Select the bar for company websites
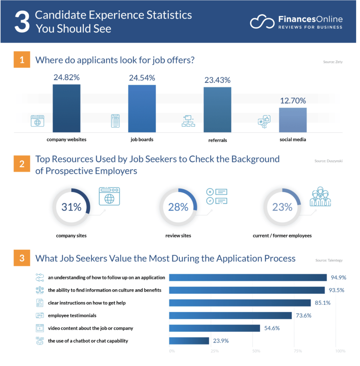point(66,108)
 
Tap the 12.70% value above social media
point(292,101)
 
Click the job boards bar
point(142,109)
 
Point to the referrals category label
point(217,140)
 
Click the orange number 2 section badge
point(22,164)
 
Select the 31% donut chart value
point(71,207)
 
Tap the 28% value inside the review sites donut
point(178,207)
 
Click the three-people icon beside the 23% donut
point(320,197)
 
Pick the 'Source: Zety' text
point(333,62)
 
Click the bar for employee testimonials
point(230,316)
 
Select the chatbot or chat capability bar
point(189,341)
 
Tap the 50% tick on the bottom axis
point(256,351)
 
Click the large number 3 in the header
point(21,22)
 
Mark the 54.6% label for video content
point(271,328)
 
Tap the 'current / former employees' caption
point(282,236)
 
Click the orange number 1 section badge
point(22,60)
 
